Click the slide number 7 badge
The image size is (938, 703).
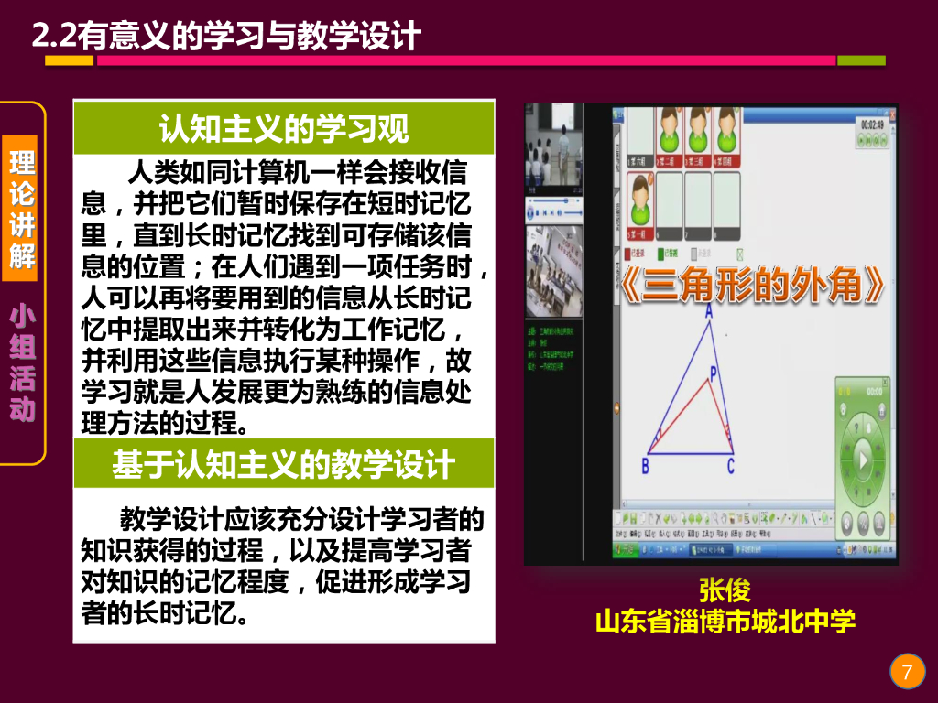point(907,673)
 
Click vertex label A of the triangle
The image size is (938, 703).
point(708,311)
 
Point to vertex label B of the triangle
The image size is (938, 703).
point(645,467)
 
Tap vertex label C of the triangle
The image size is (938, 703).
point(731,467)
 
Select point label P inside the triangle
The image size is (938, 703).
point(714,373)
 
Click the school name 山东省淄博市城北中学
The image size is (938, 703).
point(725,622)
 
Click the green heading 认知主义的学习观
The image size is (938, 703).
point(284,129)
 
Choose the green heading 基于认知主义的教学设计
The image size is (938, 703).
point(284,465)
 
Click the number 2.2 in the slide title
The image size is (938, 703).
point(53,37)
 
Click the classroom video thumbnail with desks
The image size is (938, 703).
point(555,272)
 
